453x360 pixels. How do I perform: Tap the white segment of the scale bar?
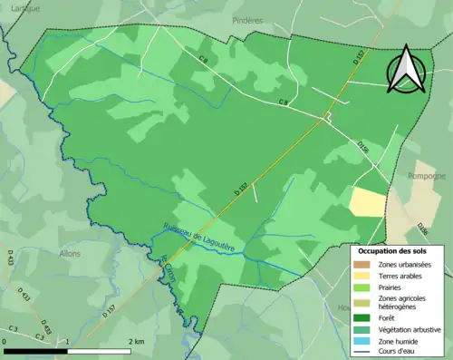(x=99, y=350)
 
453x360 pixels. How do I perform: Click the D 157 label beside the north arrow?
(x=359, y=57)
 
